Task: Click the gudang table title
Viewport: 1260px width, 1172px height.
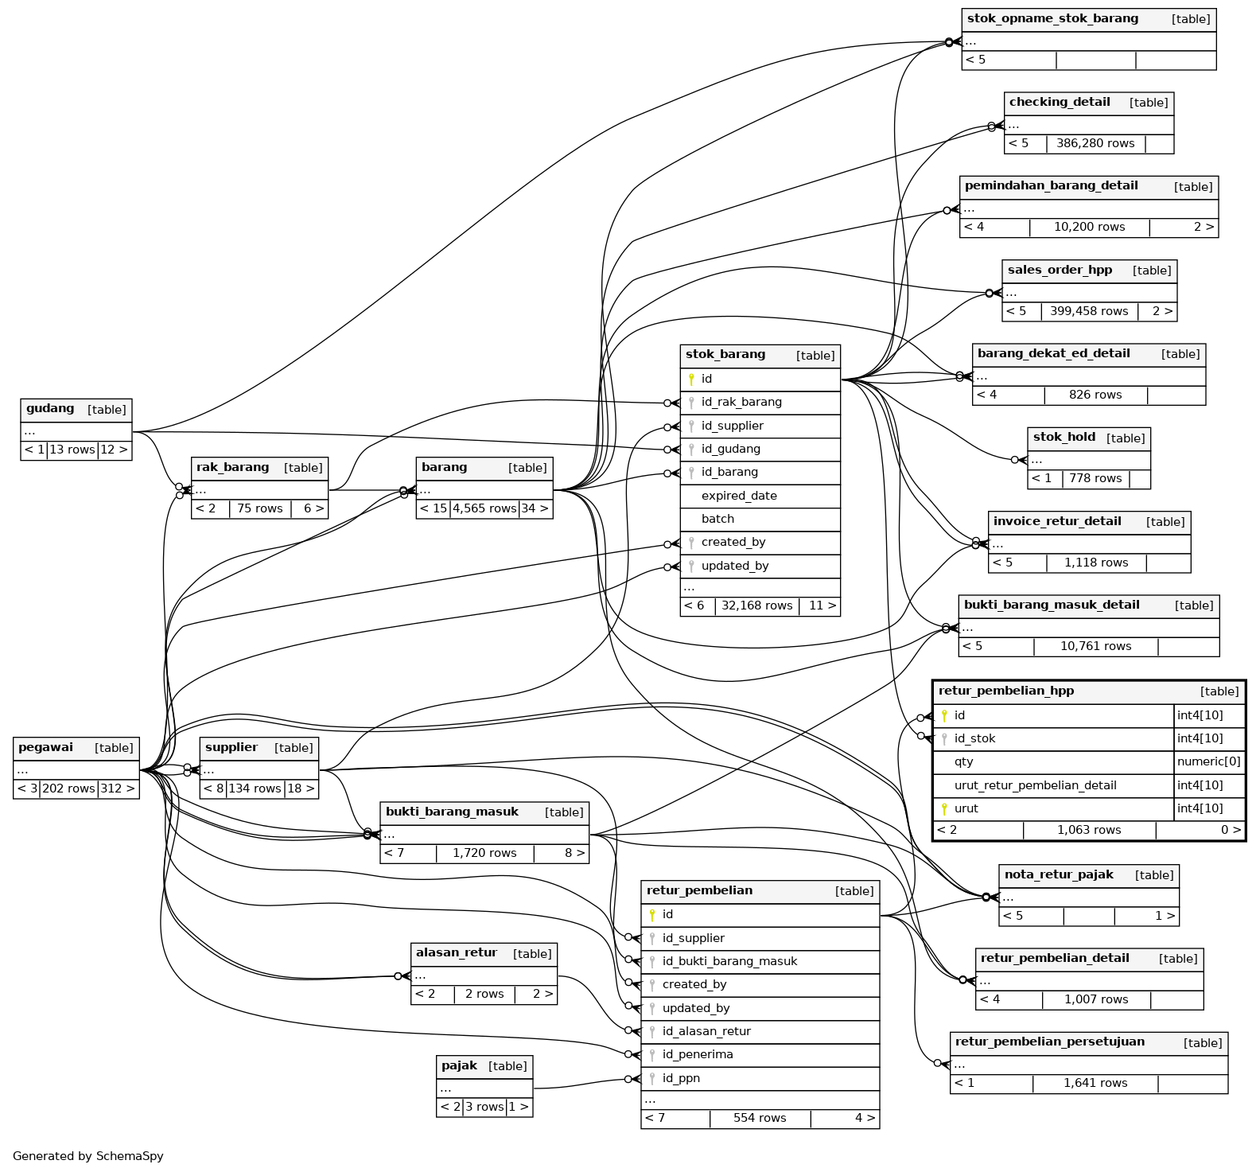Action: pyautogui.click(x=50, y=409)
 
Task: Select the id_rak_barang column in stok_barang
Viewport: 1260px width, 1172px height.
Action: pyautogui.click(x=741, y=403)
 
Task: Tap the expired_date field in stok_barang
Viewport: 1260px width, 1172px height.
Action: pyautogui.click(x=739, y=496)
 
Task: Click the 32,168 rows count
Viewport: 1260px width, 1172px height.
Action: pyautogui.click(x=756, y=605)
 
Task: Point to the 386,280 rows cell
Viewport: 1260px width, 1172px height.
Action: pyautogui.click(x=1095, y=144)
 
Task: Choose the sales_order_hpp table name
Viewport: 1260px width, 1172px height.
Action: pyautogui.click(x=1060, y=271)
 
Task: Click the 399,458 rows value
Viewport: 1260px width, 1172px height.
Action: pyautogui.click(x=1089, y=312)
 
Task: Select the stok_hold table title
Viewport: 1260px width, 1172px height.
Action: pyautogui.click(x=1064, y=438)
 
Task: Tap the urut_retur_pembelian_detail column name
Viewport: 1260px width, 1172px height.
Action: pyautogui.click(x=1035, y=785)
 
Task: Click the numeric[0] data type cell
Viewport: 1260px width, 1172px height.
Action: pyautogui.click(x=1208, y=761)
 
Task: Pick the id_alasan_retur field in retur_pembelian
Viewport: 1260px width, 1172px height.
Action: pyautogui.click(x=706, y=1031)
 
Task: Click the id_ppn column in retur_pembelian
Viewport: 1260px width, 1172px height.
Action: pyautogui.click(x=681, y=1078)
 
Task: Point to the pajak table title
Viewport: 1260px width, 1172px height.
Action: pyautogui.click(x=459, y=1066)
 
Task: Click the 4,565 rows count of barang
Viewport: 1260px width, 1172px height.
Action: pyautogui.click(x=484, y=508)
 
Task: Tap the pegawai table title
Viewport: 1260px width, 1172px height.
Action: pyautogui.click(x=45, y=748)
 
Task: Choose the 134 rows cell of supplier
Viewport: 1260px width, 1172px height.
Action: pyautogui.click(x=255, y=788)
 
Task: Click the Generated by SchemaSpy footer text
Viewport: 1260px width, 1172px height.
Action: pyautogui.click(x=87, y=1156)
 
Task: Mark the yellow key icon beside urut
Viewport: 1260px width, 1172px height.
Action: pyautogui.click(x=944, y=809)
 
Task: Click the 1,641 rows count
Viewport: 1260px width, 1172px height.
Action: pyautogui.click(x=1095, y=1083)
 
